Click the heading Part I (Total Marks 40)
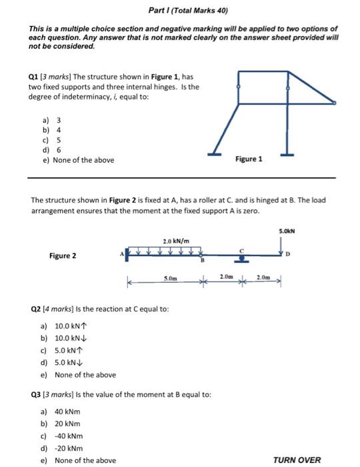click(180, 12)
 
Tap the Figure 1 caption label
click(249, 159)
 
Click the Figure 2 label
click(63, 256)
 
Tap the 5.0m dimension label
click(171, 276)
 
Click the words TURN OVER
click(297, 460)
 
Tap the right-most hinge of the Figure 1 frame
click(335, 103)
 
